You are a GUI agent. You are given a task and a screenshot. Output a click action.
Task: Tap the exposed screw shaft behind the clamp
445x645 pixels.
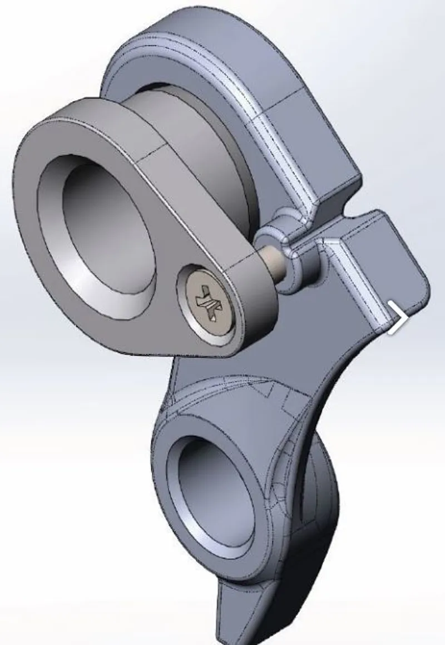(x=272, y=261)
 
